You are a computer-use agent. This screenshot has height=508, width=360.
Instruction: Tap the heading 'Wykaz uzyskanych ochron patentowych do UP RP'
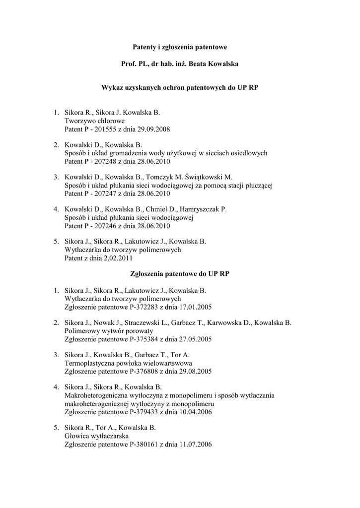(180, 87)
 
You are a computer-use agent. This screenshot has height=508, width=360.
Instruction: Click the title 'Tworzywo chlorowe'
(95, 121)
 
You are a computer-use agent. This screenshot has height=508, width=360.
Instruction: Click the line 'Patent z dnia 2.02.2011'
(99, 258)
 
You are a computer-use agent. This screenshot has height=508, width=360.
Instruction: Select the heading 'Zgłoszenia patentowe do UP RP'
(180, 273)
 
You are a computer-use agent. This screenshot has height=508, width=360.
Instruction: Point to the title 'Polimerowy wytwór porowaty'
(109, 330)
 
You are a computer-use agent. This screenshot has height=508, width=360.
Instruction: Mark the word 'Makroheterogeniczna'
(97, 395)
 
